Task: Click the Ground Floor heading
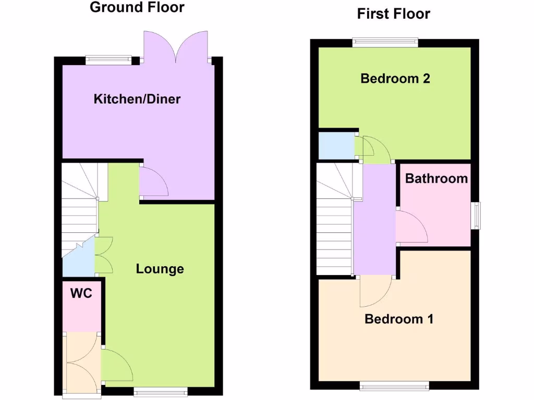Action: (137, 7)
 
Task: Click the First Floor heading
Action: (393, 14)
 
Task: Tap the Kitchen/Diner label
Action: (137, 98)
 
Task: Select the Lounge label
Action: (160, 269)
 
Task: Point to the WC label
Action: (81, 294)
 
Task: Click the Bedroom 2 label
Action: (395, 79)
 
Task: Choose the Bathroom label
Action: (436, 179)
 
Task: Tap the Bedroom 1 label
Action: (399, 319)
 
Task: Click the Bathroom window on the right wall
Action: (476, 215)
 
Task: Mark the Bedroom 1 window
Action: (394, 385)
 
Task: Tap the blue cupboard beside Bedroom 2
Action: (336, 146)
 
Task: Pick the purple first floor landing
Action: (374, 219)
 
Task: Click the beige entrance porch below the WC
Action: (81, 361)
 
